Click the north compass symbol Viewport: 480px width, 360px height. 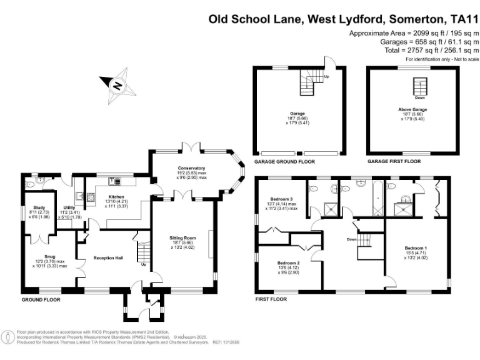pos(116,86)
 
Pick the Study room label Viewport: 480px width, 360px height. pos(44,210)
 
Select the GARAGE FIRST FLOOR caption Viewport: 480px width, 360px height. pos(394,161)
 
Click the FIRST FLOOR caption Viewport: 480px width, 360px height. pos(271,299)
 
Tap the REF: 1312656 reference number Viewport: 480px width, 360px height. pos(227,342)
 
